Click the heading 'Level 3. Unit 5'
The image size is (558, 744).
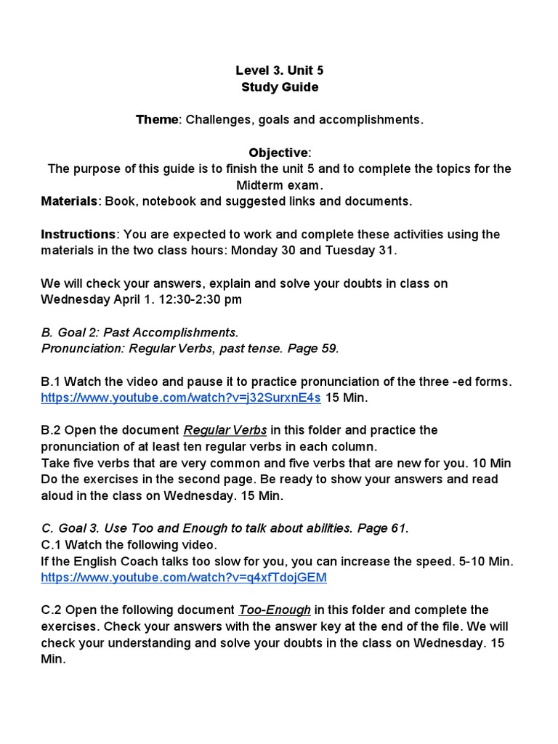[x=279, y=70]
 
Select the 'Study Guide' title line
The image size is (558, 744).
[x=279, y=87]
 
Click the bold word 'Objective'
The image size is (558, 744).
[x=278, y=153]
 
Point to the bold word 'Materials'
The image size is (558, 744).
[x=69, y=201]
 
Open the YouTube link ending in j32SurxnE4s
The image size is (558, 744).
[x=181, y=397]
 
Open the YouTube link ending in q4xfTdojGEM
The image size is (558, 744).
[x=184, y=578]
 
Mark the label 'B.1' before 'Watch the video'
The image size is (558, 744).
[x=52, y=381]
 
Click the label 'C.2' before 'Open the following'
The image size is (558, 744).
[x=53, y=610]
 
